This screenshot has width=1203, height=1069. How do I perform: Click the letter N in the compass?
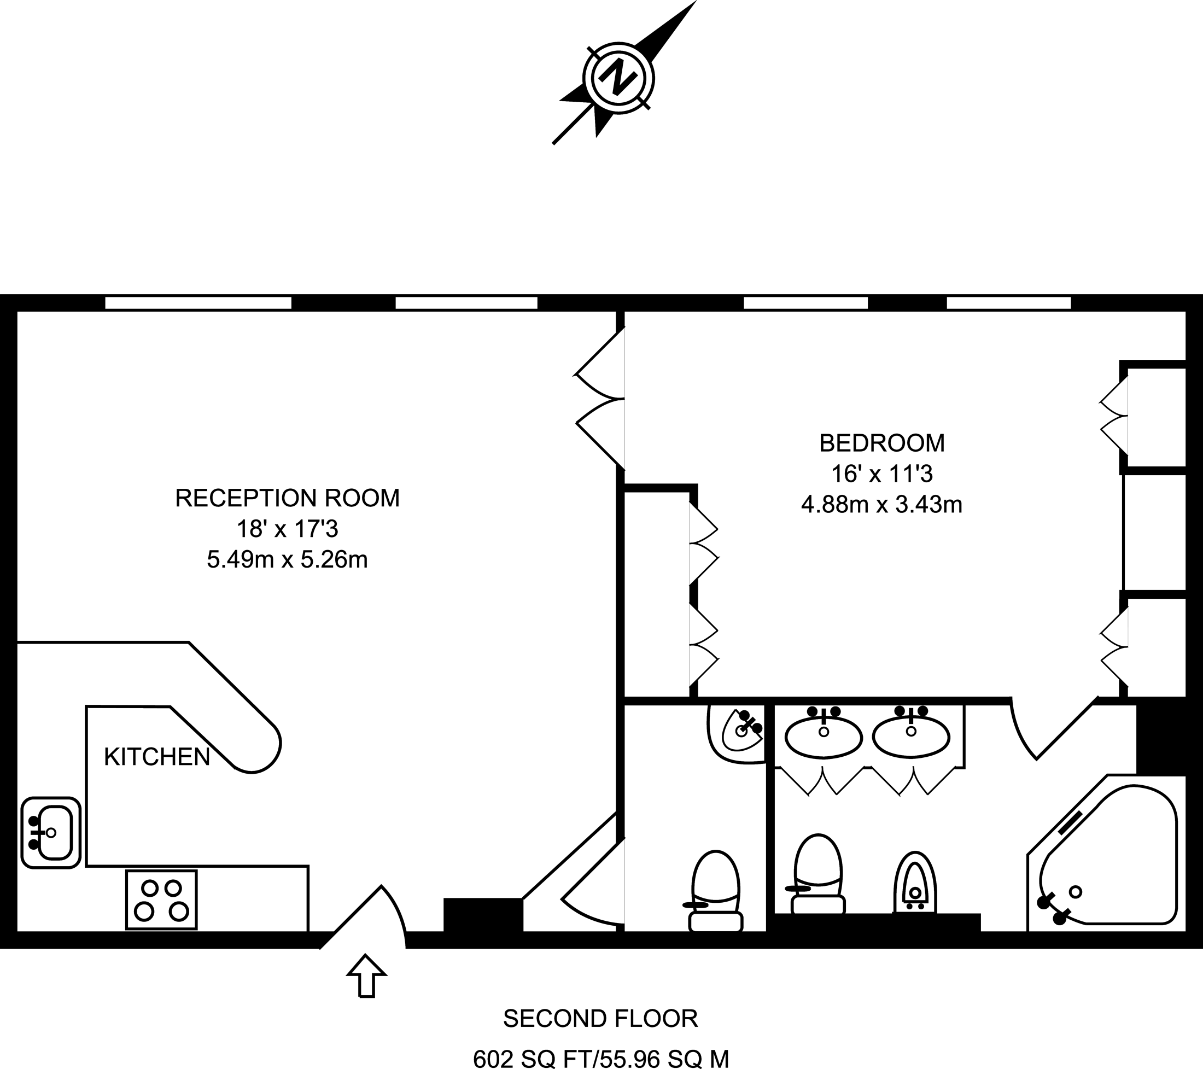tap(618, 78)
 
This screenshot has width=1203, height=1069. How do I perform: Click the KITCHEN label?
tap(157, 757)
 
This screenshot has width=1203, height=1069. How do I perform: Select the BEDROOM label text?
tap(881, 443)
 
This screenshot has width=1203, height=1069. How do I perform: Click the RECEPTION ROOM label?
tap(287, 498)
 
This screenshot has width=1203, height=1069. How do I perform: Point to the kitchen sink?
tap(51, 832)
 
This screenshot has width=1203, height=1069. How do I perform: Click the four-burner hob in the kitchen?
tap(161, 900)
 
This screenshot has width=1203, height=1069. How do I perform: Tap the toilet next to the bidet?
tap(817, 875)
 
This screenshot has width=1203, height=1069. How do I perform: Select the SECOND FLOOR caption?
tap(600, 1018)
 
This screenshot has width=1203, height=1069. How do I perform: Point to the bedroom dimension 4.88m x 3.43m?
tap(881, 505)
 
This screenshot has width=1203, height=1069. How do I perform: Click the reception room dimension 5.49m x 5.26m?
tap(287, 559)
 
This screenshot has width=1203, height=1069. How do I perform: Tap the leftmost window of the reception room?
tap(198, 302)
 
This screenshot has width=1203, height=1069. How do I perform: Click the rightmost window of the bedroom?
tap(1009, 302)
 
